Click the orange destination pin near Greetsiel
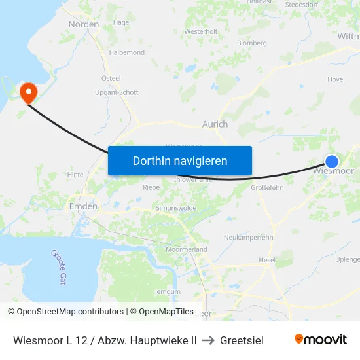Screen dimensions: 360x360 (28, 92)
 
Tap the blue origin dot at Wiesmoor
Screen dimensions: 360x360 (332, 162)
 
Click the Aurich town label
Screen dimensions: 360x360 (215, 124)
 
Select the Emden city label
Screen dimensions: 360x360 (83, 206)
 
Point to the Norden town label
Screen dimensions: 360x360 (84, 24)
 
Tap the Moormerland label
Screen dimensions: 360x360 (187, 249)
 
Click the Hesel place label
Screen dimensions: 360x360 (267, 259)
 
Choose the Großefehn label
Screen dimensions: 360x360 (267, 187)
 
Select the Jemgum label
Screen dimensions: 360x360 (167, 291)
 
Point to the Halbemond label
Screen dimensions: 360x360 (127, 52)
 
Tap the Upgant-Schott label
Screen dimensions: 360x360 (117, 92)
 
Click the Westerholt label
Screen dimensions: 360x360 (201, 31)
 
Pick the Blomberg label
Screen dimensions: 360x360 (252, 43)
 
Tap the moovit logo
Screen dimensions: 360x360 (320, 339)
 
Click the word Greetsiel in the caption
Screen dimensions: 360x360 (242, 340)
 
